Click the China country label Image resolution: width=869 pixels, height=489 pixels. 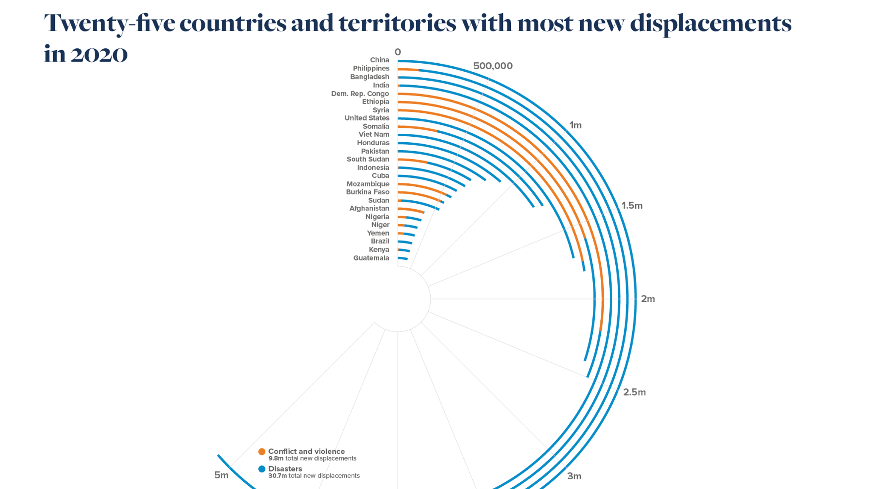coord(379,60)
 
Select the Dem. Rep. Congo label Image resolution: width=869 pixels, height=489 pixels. coord(360,93)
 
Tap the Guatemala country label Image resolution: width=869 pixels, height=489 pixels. coord(371,258)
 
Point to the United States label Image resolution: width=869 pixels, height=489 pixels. coord(367,118)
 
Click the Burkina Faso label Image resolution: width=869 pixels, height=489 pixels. coord(367,192)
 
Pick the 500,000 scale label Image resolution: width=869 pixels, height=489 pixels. coord(493,66)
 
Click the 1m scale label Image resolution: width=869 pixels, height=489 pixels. coord(575,125)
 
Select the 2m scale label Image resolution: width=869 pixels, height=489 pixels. coord(648,299)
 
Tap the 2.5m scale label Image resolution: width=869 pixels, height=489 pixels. coord(634,392)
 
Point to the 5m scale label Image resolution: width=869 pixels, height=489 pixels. coord(221,475)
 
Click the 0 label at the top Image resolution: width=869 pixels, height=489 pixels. coord(398,52)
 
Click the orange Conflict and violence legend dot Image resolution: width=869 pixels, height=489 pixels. coord(262,452)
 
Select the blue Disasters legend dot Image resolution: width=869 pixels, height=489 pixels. coord(262,469)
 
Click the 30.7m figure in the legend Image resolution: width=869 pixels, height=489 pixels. coord(277,476)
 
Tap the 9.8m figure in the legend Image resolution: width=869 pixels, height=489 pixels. coord(275,458)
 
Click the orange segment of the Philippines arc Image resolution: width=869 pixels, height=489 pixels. coord(408,70)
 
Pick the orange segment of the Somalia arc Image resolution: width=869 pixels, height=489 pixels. coord(418,128)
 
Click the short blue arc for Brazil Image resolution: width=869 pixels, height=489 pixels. coord(406,242)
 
